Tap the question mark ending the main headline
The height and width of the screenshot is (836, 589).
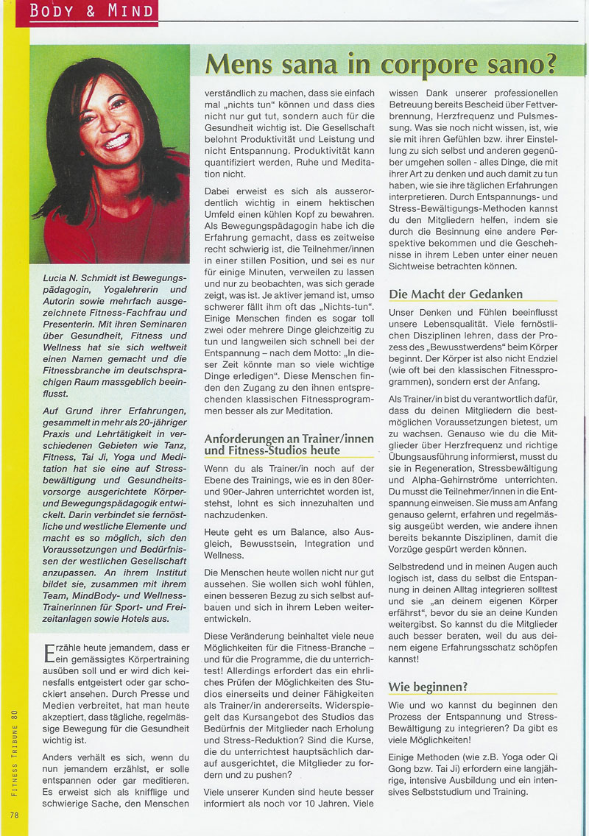[547, 65]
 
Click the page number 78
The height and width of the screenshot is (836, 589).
[15, 814]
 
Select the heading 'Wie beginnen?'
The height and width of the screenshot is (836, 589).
[428, 687]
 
